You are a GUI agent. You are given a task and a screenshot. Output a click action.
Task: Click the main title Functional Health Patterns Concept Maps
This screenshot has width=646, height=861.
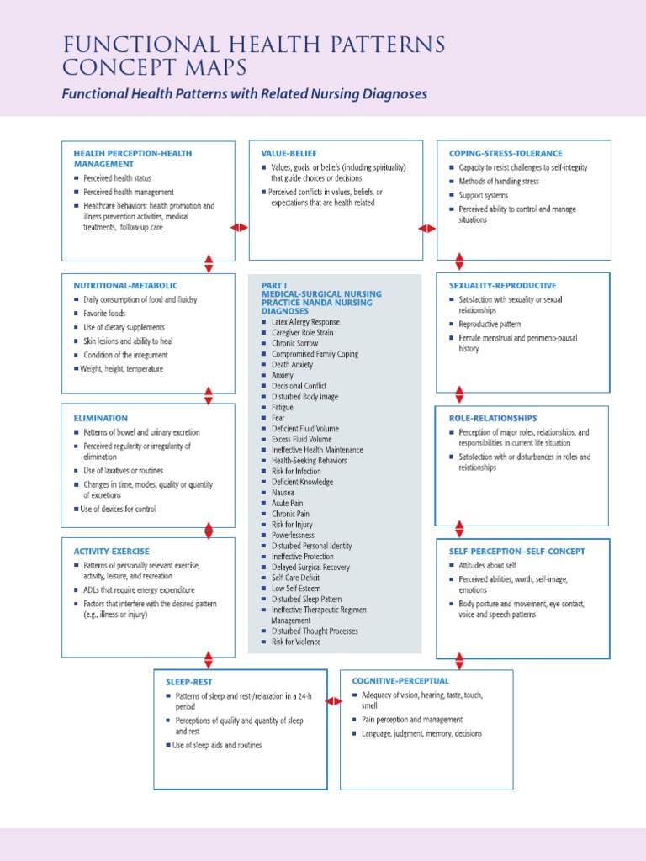pyautogui.click(x=252, y=55)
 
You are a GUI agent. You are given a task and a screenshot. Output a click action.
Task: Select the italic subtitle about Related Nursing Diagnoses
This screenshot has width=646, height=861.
pyautogui.click(x=244, y=94)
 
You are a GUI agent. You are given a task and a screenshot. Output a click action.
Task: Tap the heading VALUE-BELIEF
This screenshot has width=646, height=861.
pyautogui.click(x=288, y=154)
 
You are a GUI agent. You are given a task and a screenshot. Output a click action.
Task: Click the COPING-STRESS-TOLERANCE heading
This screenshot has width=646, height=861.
pyautogui.click(x=506, y=154)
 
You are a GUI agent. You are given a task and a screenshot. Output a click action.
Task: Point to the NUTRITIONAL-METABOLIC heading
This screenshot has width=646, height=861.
pyautogui.click(x=125, y=286)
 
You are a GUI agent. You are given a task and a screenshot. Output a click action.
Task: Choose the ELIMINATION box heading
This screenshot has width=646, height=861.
pyautogui.click(x=101, y=418)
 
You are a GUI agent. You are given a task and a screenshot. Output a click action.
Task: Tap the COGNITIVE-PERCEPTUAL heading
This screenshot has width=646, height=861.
pyautogui.click(x=400, y=680)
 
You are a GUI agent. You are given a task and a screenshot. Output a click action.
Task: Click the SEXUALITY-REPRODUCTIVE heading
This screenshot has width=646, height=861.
pyautogui.click(x=502, y=286)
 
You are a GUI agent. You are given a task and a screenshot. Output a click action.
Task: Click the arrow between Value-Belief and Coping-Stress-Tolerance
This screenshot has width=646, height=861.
pyautogui.click(x=427, y=228)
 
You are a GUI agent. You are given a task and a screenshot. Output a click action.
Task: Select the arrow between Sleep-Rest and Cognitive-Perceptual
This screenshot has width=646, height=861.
pyautogui.click(x=333, y=700)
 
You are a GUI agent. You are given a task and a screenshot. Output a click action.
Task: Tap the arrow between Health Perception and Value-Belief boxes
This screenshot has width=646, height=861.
pyautogui.click(x=240, y=228)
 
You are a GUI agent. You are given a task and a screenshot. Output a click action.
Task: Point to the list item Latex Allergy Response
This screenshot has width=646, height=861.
pyautogui.click(x=305, y=322)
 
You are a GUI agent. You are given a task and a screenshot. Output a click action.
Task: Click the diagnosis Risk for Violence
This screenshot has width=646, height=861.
pyautogui.click(x=295, y=642)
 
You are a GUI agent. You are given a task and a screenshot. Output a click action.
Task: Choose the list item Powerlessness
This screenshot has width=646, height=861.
pyautogui.click(x=293, y=535)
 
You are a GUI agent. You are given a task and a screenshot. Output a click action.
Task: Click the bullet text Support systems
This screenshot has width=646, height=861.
pyautogui.click(x=483, y=195)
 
